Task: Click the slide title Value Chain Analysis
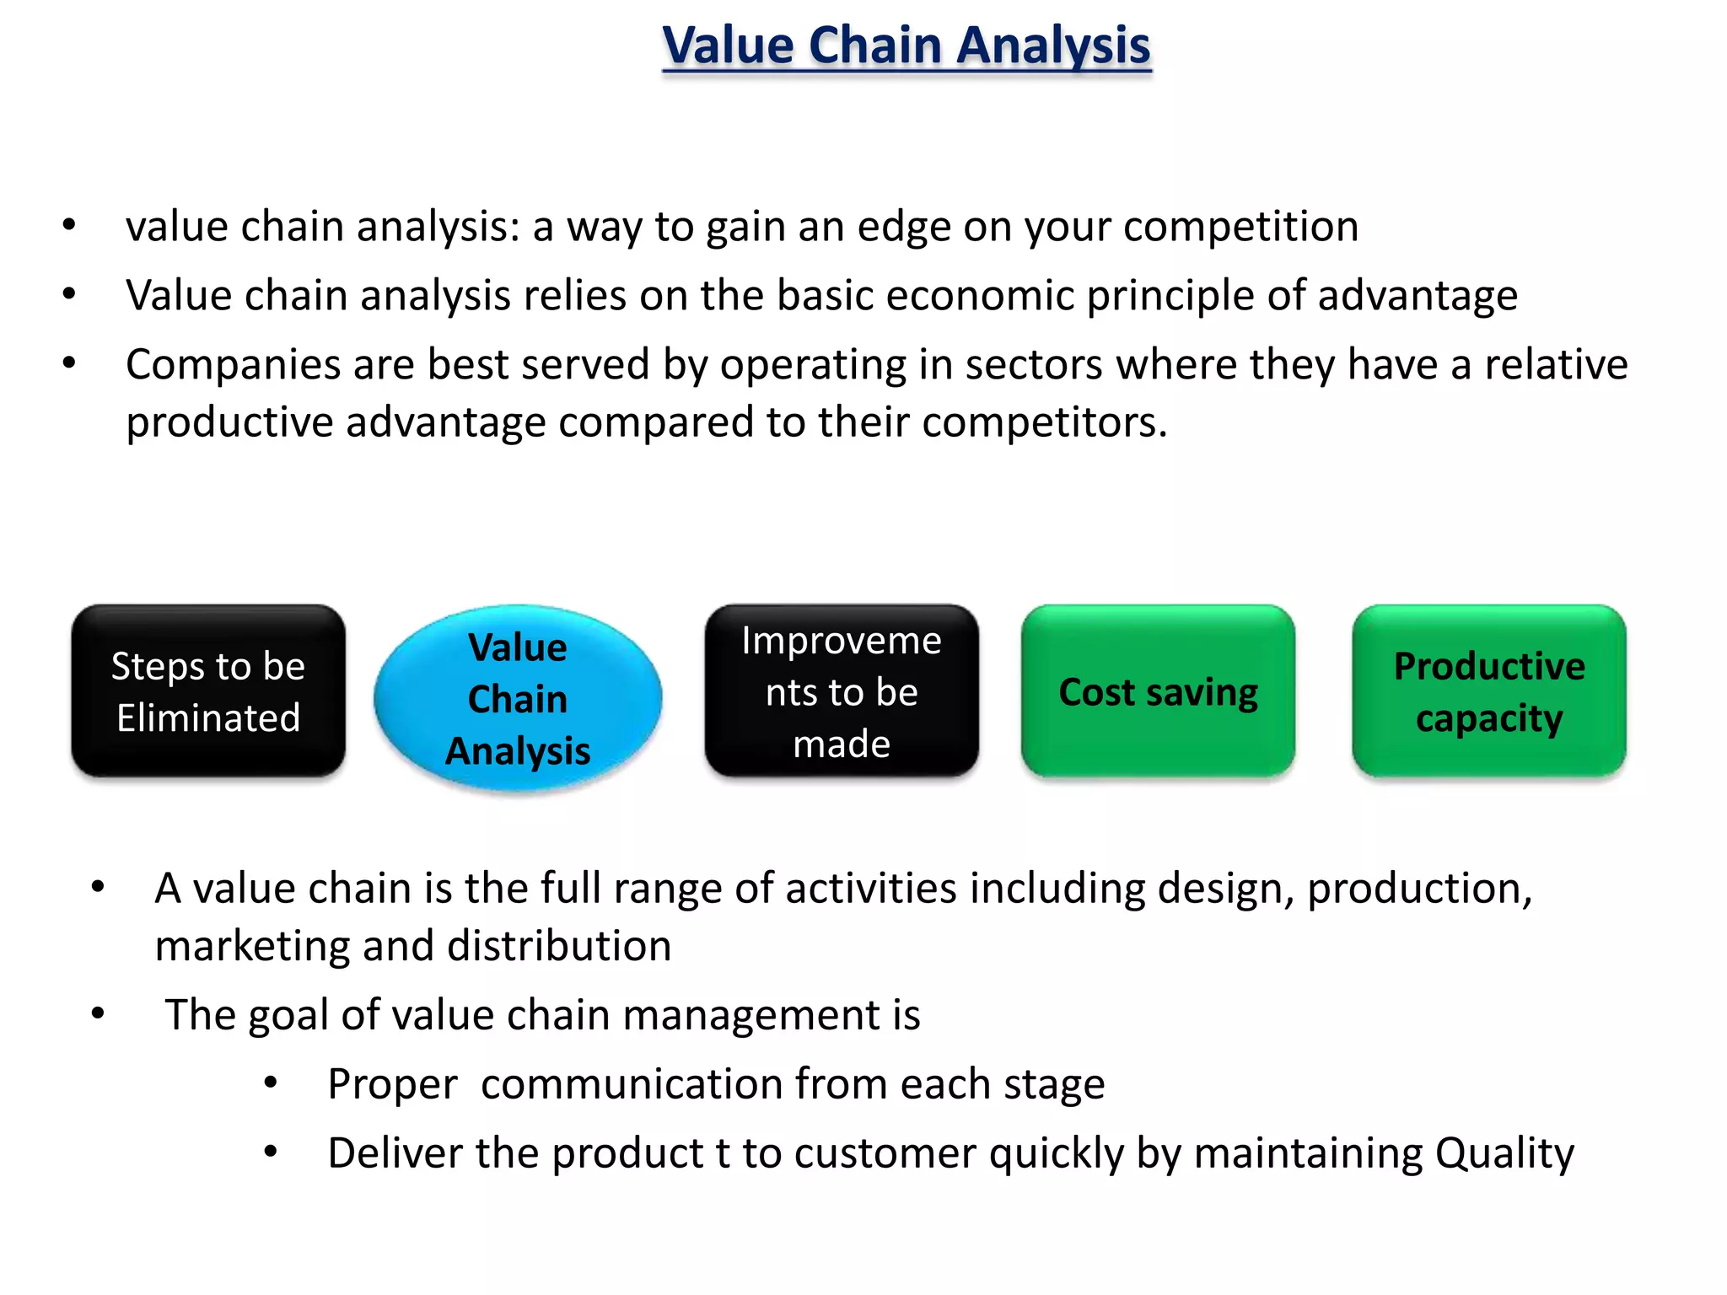907,46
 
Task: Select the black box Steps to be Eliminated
208,691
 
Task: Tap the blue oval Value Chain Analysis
518,699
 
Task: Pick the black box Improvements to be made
842,691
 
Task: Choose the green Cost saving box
1158,691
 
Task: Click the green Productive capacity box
1489,691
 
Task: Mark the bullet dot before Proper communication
271,1083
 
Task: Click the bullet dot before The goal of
98,1013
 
